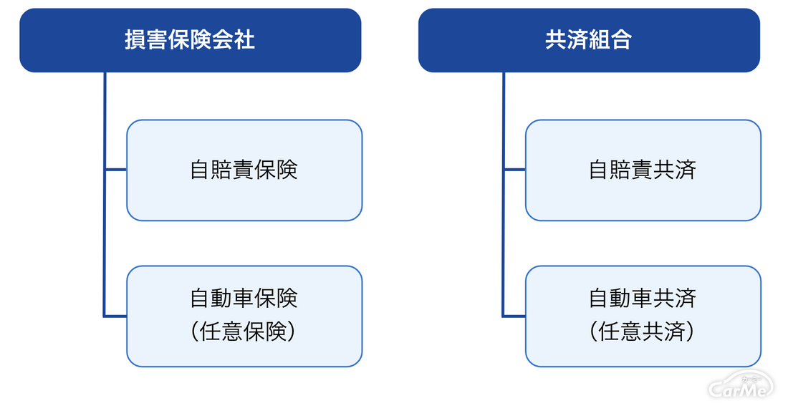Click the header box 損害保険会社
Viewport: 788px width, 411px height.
191,40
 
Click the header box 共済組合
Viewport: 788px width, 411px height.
589,40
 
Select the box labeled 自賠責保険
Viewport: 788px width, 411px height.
244,170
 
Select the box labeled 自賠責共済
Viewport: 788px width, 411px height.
643,170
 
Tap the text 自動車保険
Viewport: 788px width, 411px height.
244,299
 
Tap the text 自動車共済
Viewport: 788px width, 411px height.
643,299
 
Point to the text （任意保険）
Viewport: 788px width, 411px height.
244,332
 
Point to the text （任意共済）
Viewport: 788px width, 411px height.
643,332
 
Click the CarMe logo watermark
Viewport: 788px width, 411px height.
741,386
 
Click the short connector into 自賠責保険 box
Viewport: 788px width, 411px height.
116,170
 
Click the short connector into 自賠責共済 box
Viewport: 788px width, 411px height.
514,170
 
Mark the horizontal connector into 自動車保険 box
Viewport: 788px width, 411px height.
115,316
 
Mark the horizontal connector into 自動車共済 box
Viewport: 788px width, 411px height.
514,316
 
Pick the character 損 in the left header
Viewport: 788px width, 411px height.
135,40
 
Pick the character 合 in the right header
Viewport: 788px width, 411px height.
622,40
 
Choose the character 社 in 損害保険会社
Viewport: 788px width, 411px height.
245,40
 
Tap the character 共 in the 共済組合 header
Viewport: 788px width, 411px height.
556,40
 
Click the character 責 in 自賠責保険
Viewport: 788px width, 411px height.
244,170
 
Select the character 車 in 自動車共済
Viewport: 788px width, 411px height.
643,299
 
